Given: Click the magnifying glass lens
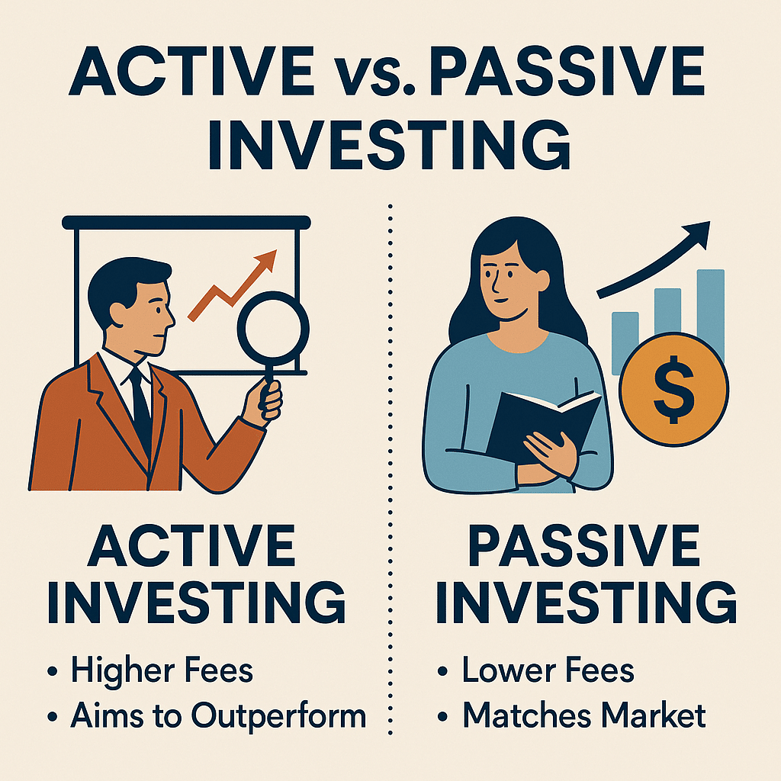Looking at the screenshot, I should [x=273, y=330].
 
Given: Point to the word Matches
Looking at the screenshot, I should [x=525, y=716].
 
